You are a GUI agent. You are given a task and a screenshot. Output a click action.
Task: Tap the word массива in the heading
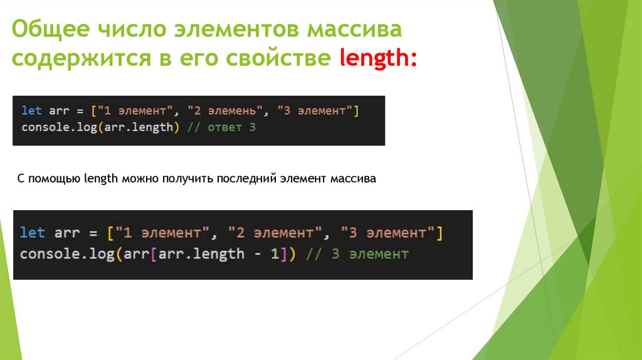(x=354, y=29)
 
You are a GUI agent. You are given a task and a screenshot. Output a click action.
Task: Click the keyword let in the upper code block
(x=31, y=111)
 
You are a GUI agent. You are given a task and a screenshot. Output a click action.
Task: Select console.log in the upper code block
(x=56, y=127)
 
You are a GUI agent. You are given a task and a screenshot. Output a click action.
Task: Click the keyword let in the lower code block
(x=33, y=233)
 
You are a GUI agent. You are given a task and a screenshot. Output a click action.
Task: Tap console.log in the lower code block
(x=62, y=254)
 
